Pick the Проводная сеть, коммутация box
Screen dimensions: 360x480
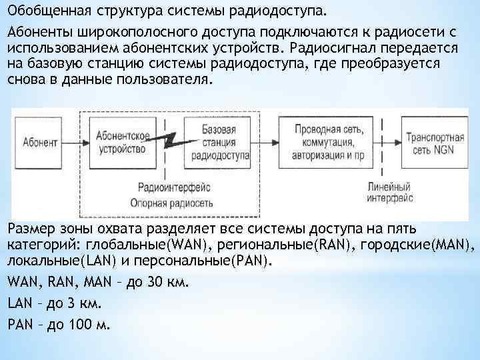[x=323, y=142]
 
